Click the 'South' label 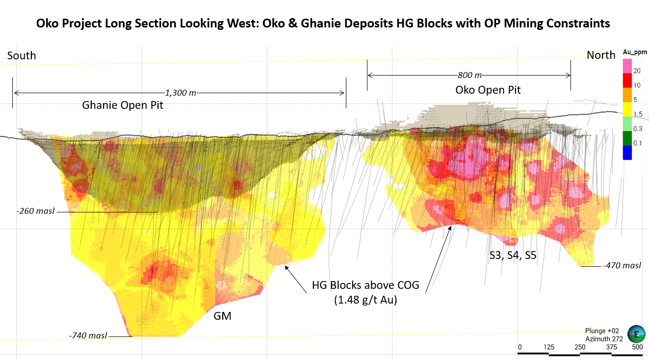click(x=22, y=55)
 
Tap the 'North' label click(x=601, y=55)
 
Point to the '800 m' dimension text click(x=469, y=75)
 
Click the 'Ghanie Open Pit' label click(x=123, y=105)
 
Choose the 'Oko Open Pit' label click(x=488, y=90)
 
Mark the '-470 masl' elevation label click(x=622, y=266)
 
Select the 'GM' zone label click(x=222, y=316)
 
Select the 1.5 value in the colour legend click(x=637, y=114)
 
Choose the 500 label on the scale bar click(x=637, y=347)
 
